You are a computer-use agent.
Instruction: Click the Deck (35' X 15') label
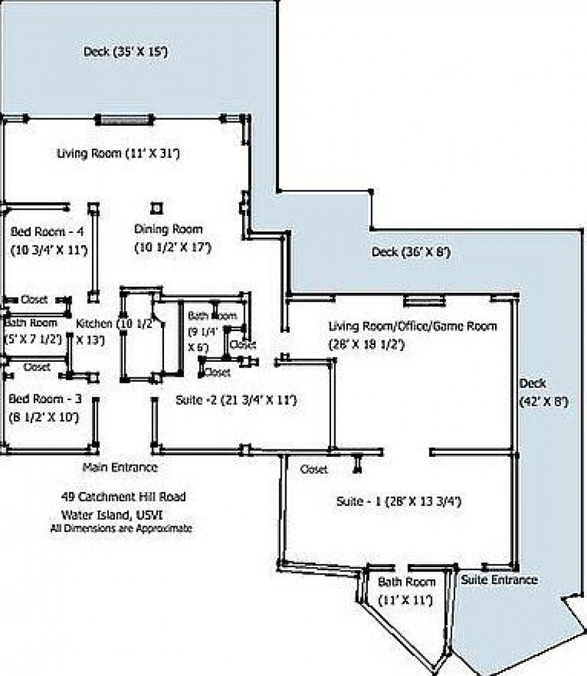(125, 51)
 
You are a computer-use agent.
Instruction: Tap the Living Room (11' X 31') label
(118, 153)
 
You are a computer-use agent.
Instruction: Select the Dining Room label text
(168, 229)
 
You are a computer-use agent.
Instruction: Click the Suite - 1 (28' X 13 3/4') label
(399, 501)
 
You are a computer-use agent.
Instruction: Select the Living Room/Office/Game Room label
(412, 326)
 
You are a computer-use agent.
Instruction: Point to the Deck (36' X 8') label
(411, 252)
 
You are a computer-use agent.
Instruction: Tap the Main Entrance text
(120, 467)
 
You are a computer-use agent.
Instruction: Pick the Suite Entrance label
(499, 580)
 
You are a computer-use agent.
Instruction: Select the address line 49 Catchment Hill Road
(123, 497)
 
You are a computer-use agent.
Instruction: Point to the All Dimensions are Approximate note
(121, 528)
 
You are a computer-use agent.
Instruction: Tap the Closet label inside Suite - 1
(314, 469)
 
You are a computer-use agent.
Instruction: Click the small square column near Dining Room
(156, 208)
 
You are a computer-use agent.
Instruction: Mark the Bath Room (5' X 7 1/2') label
(31, 323)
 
